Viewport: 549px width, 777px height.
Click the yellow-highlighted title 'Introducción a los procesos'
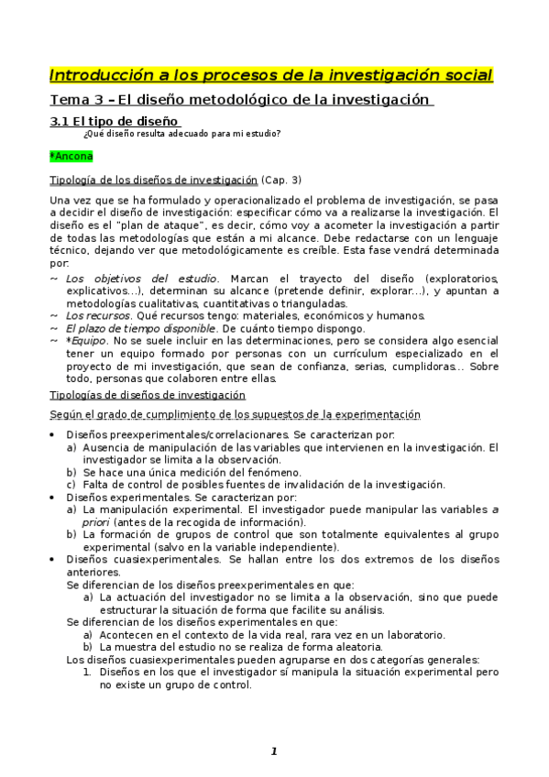(269, 74)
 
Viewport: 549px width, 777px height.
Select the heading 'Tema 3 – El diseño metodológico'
(239, 99)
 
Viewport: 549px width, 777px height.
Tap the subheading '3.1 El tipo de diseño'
(114, 121)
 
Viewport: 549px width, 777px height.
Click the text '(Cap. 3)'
(281, 180)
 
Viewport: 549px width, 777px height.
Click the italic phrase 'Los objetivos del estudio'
(142, 278)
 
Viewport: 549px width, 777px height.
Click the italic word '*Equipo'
(84, 341)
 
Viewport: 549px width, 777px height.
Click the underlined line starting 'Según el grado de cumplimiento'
(234, 414)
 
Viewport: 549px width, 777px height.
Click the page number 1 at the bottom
(273, 751)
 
